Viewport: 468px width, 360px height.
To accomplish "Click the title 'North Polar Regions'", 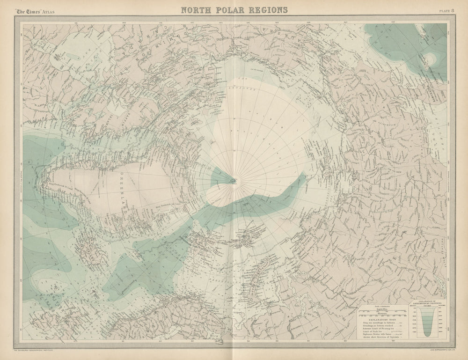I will click(x=234, y=9).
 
